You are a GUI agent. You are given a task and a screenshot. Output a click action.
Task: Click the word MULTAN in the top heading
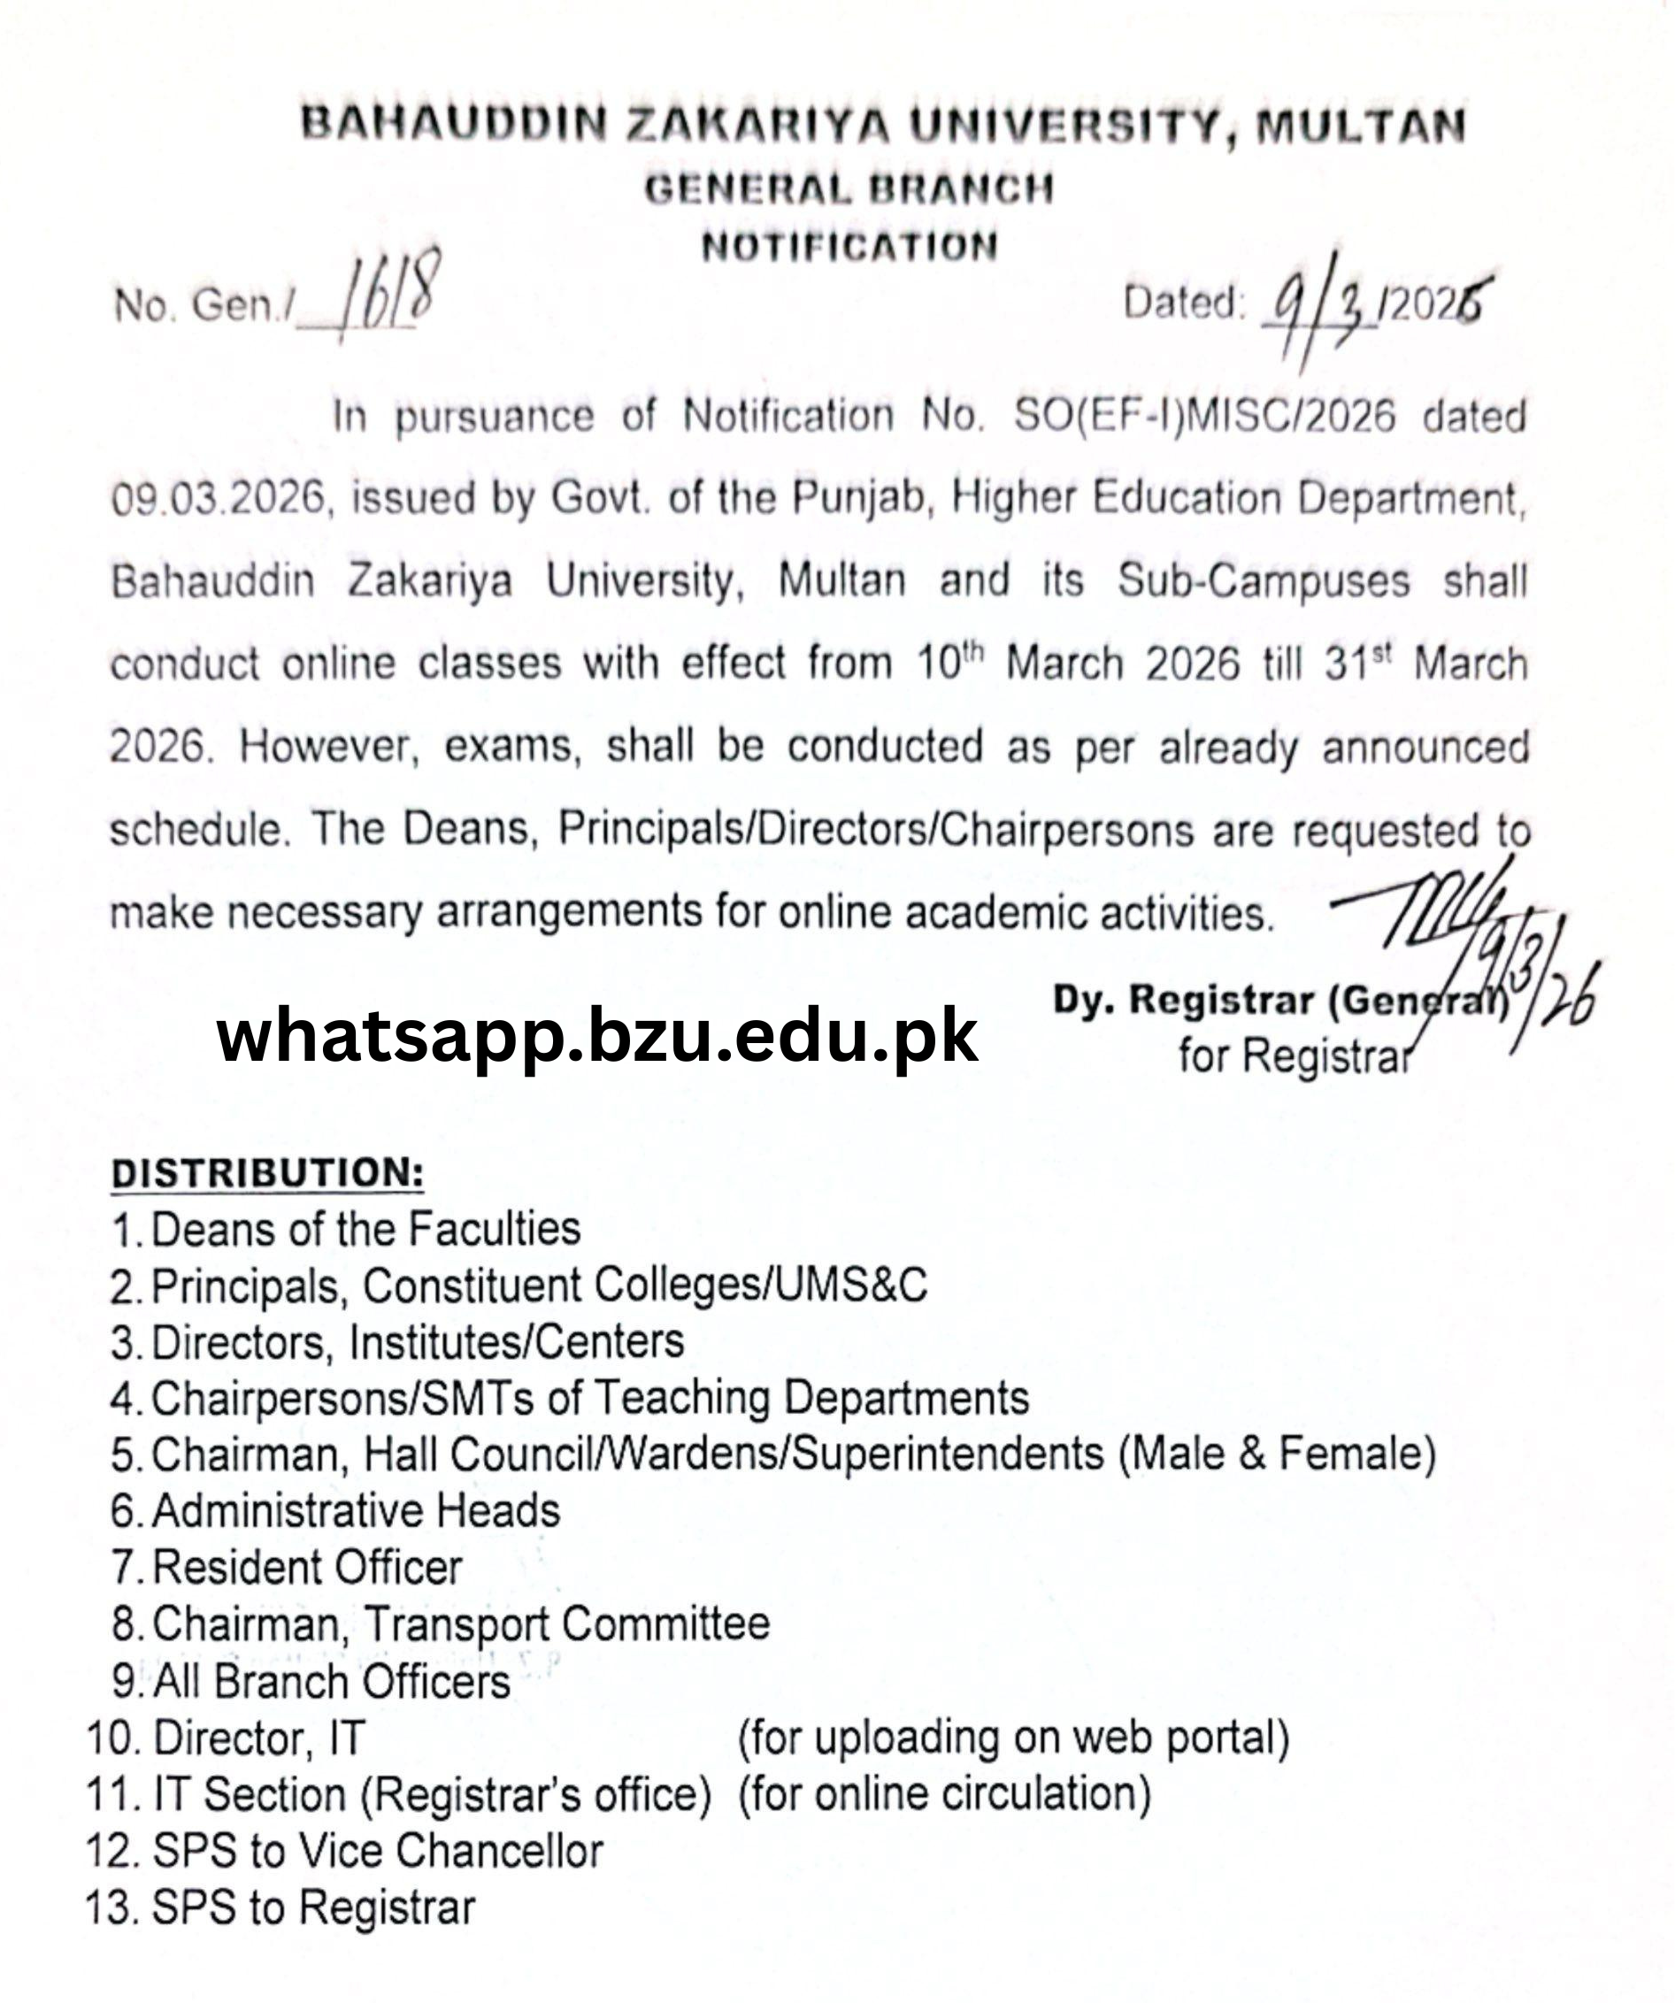[1360, 127]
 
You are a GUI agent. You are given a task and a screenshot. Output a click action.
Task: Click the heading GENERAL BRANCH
[849, 188]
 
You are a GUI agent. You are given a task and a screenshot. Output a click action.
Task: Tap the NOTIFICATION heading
[849, 247]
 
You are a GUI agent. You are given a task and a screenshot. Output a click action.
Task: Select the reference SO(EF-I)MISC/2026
[1203, 417]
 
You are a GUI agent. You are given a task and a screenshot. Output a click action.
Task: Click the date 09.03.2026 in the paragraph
[219, 499]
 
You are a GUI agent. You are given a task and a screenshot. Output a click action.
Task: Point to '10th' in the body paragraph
[949, 662]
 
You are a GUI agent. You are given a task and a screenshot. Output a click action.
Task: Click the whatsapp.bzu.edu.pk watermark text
[597, 1036]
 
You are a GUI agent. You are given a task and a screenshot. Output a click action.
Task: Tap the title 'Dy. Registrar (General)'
[1279, 1001]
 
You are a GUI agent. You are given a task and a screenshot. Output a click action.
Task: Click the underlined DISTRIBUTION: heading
[267, 1173]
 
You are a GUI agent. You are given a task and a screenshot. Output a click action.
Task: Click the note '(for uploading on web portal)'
[1013, 1737]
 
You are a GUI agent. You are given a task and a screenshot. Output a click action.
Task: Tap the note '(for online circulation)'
[944, 1793]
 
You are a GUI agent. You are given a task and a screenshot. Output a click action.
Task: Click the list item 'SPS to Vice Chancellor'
[378, 1851]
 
